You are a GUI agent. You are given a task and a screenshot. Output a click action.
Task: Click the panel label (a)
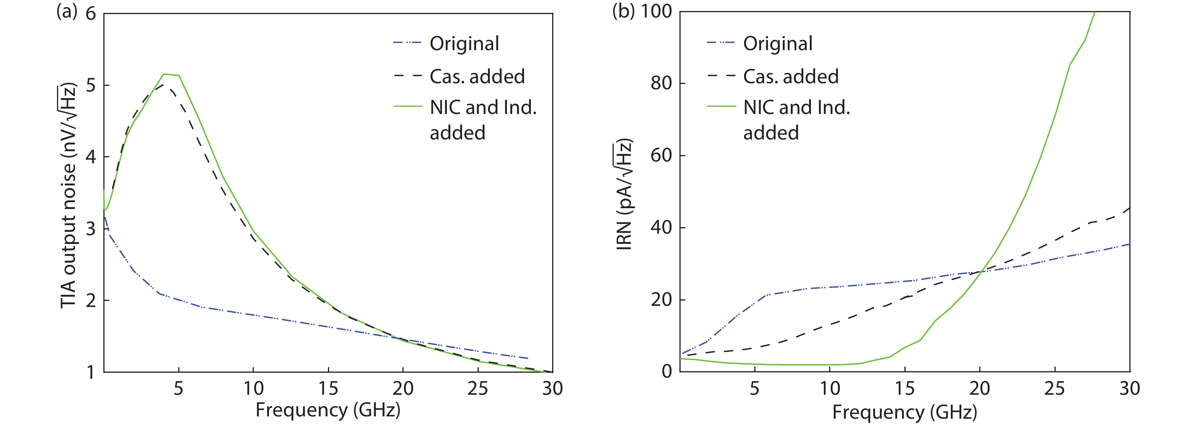click(66, 11)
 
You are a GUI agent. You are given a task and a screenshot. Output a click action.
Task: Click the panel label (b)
click(623, 11)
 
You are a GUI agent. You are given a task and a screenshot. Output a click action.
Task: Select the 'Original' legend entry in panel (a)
click(464, 44)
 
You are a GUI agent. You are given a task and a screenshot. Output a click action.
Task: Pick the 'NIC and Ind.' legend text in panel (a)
click(483, 108)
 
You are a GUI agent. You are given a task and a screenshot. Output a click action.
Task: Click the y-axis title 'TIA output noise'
click(68, 195)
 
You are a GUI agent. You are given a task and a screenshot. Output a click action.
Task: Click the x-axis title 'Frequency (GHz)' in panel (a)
click(328, 410)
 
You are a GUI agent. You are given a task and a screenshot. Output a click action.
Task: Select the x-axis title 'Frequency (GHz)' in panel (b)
click(904, 411)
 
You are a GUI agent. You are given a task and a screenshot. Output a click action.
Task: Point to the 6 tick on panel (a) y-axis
click(90, 14)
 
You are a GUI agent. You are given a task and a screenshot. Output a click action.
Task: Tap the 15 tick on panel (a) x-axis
click(328, 388)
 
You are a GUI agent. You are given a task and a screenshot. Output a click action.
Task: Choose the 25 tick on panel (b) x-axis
click(1054, 388)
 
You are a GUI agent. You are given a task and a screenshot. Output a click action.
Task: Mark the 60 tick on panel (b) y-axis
click(661, 155)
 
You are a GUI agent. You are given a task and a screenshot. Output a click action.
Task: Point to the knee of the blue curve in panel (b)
click(765, 295)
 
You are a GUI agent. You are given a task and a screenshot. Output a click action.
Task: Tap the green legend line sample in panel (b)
click(721, 106)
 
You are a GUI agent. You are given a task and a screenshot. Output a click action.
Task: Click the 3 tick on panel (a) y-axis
click(90, 228)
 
